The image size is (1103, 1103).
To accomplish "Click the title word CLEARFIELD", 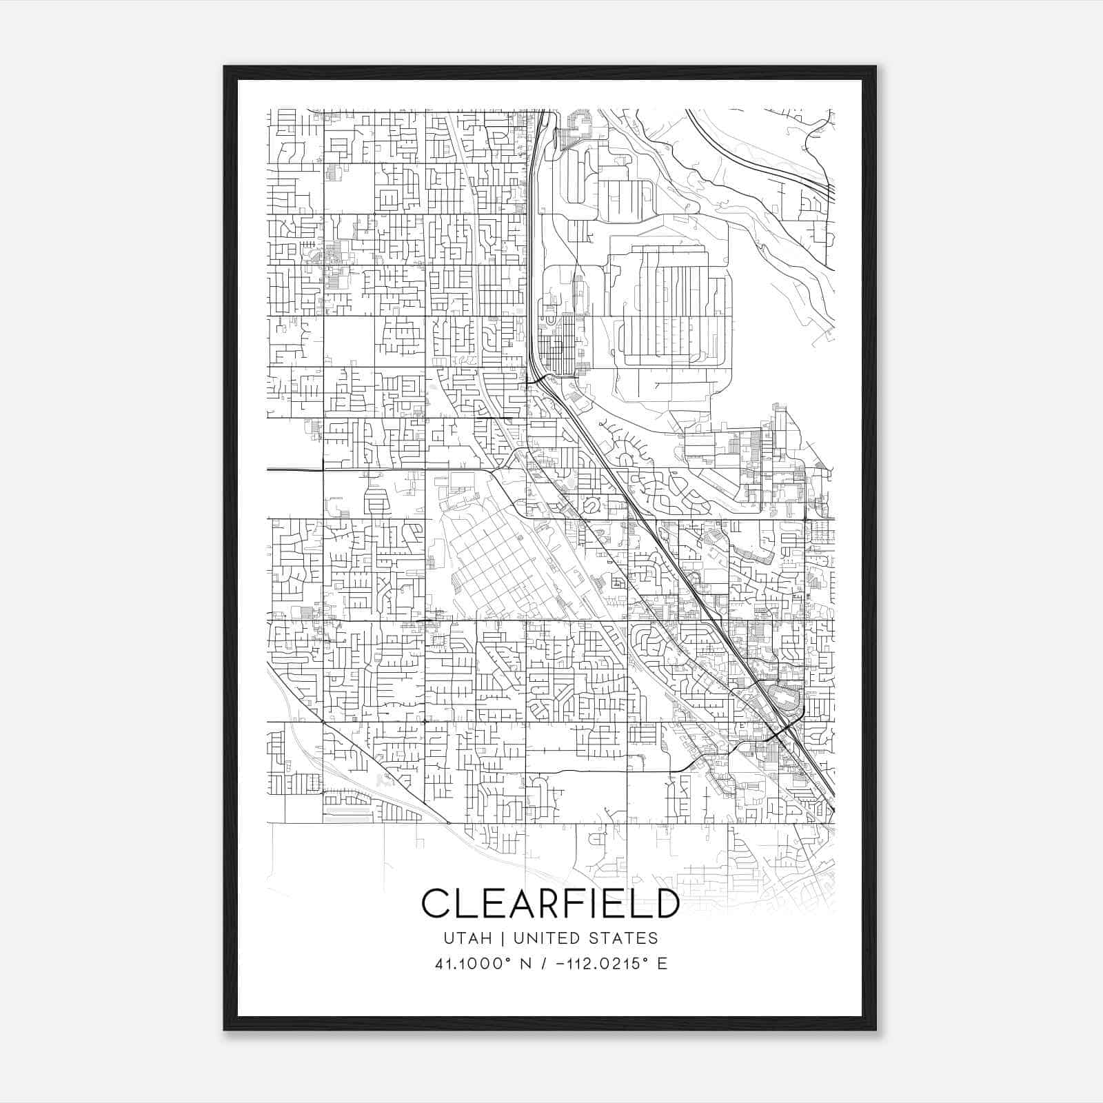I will tap(550, 903).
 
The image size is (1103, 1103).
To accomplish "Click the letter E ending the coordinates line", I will tap(662, 963).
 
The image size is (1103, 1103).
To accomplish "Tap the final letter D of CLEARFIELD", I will tap(666, 903).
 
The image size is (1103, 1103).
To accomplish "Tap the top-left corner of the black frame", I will tap(225, 68).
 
